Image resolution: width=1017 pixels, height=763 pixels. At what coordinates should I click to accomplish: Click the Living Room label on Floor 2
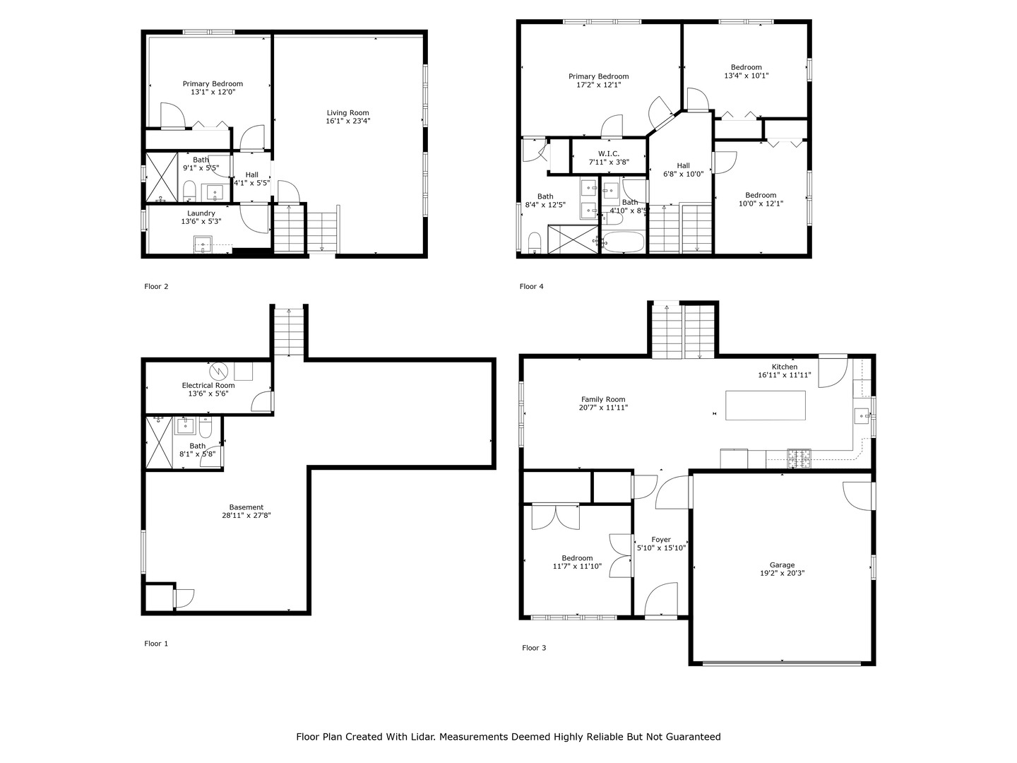coord(347,112)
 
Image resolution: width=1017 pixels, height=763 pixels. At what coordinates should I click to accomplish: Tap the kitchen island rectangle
coord(765,406)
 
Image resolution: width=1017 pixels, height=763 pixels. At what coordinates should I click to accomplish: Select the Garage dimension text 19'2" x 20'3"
coord(782,573)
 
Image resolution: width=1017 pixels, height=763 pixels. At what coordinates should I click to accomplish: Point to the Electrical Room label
coord(208,386)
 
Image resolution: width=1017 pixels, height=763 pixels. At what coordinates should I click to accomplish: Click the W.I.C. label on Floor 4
coord(608,154)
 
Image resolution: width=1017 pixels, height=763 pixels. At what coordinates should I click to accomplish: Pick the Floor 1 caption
coord(156,644)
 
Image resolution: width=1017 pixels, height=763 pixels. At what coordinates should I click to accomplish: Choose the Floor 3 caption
coord(534,648)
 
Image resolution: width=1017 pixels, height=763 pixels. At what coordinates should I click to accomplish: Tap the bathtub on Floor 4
coord(624,242)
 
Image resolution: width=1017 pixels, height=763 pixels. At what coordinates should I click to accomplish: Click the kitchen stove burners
coord(799,459)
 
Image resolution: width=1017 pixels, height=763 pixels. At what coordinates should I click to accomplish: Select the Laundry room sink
coord(203,244)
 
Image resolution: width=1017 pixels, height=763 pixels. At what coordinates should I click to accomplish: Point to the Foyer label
coord(661,540)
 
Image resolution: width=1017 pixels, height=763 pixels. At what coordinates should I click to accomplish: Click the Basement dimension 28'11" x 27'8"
coord(246,515)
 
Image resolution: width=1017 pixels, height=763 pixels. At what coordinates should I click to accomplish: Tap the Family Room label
coord(603,399)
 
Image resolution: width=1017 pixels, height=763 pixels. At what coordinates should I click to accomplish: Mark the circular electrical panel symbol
coord(219,371)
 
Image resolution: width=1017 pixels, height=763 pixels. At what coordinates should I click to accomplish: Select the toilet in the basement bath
coord(206,427)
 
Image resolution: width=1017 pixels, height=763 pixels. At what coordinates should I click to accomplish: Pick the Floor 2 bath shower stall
coord(161,177)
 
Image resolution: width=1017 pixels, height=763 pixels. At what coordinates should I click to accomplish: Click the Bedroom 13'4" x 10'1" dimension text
coord(746,76)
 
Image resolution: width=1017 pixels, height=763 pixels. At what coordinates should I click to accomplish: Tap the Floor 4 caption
coord(531,286)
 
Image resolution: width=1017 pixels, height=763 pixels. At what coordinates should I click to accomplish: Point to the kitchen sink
coord(862,416)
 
